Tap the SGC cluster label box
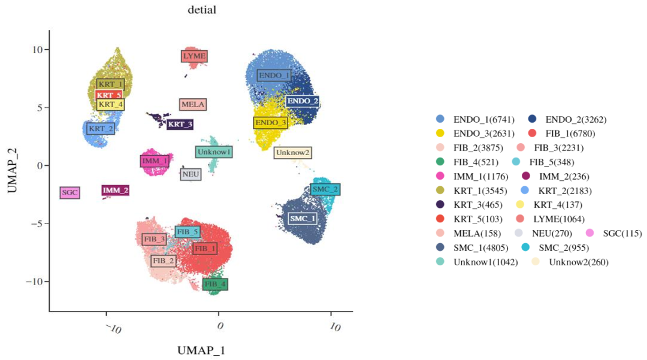click(70, 193)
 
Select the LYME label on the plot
click(194, 56)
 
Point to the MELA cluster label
click(193, 104)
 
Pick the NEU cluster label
click(191, 174)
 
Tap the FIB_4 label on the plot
click(215, 285)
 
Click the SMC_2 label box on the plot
click(325, 189)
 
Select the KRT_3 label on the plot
click(180, 125)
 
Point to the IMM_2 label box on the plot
click(116, 190)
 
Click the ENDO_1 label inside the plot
click(274, 75)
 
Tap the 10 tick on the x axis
click(334, 328)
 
